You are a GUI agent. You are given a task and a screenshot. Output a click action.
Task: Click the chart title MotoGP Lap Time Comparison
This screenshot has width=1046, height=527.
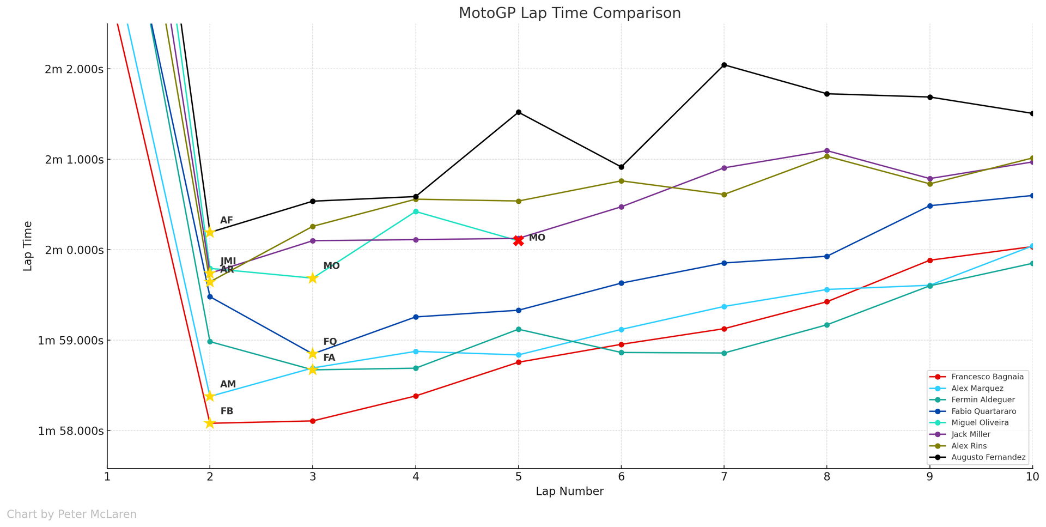pos(569,13)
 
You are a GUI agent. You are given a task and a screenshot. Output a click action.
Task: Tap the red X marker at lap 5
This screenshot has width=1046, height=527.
pos(518,240)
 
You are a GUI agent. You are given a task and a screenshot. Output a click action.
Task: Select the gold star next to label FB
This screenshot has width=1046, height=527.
pos(210,423)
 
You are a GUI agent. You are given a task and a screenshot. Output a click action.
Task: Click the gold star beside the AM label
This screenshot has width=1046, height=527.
pos(210,396)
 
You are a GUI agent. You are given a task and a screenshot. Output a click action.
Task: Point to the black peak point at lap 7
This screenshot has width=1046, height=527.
pos(724,65)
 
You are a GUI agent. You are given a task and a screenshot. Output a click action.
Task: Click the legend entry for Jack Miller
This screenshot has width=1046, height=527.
pos(970,434)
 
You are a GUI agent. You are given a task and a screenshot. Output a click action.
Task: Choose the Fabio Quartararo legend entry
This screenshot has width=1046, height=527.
pos(983,411)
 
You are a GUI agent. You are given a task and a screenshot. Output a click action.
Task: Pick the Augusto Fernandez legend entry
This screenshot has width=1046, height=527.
pos(988,457)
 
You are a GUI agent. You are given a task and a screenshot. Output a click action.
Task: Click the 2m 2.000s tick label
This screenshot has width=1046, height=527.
pos(74,69)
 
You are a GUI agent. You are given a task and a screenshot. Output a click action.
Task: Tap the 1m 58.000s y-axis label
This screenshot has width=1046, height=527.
pos(71,431)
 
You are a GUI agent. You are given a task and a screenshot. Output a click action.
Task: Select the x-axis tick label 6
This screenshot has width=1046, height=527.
pos(621,477)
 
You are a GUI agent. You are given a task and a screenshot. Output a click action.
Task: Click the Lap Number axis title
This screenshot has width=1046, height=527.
pos(569,492)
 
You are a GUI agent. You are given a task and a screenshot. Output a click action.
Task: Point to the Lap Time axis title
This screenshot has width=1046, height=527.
pos(28,246)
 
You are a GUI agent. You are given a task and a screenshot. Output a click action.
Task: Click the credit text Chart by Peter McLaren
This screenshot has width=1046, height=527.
pos(71,514)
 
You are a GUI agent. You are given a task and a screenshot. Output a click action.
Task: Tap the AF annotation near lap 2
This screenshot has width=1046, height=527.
pos(227,221)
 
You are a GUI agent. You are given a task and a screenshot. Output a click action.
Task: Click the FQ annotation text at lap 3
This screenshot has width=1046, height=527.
pos(330,342)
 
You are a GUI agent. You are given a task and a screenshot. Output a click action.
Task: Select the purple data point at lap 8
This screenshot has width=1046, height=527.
pos(827,151)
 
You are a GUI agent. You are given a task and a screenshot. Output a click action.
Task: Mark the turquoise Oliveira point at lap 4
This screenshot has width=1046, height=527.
pos(416,211)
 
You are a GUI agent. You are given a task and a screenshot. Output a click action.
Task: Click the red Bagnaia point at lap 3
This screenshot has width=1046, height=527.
pos(313,421)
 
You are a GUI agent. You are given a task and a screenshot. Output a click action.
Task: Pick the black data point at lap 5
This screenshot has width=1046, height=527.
pos(519,112)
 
